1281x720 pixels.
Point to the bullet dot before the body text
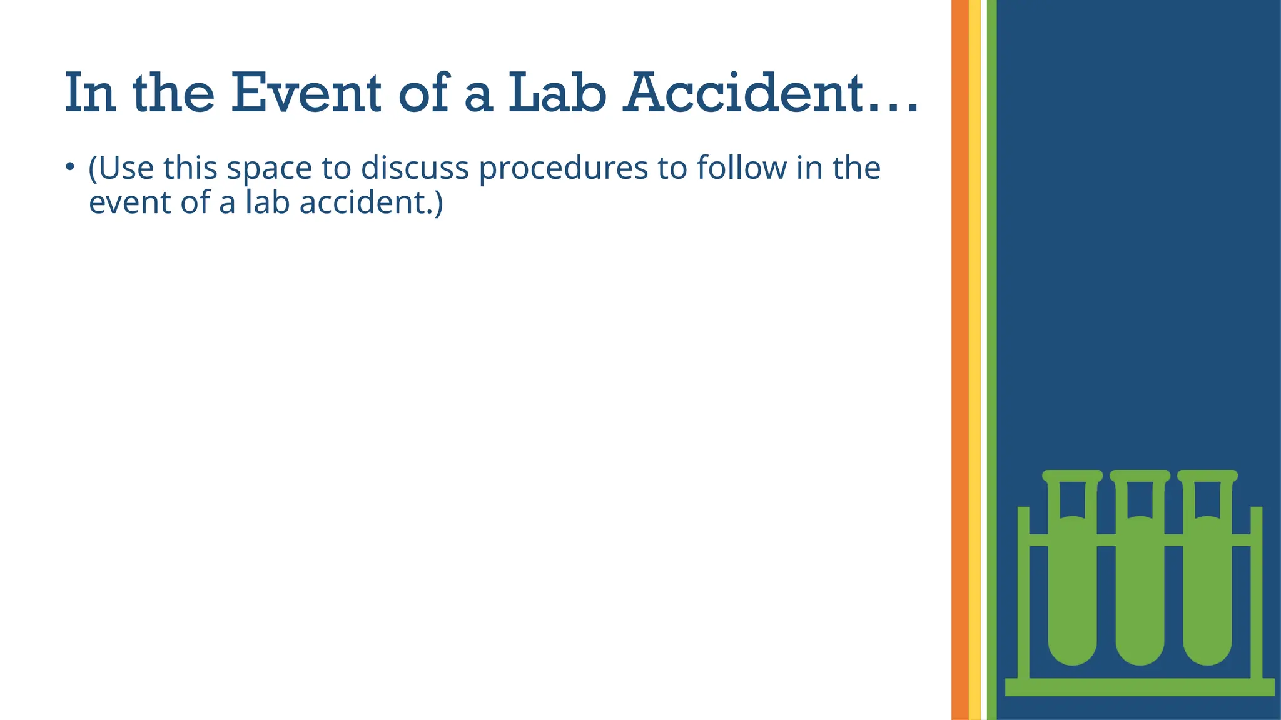[x=70, y=167]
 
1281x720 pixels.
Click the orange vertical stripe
[x=959, y=360]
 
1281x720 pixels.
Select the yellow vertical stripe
[x=975, y=360]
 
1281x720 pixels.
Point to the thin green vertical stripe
[x=991, y=360]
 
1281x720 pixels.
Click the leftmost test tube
[x=1072, y=594]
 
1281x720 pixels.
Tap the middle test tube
[x=1140, y=594]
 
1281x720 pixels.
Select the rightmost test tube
[x=1207, y=594]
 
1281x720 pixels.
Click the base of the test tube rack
[x=1140, y=687]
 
